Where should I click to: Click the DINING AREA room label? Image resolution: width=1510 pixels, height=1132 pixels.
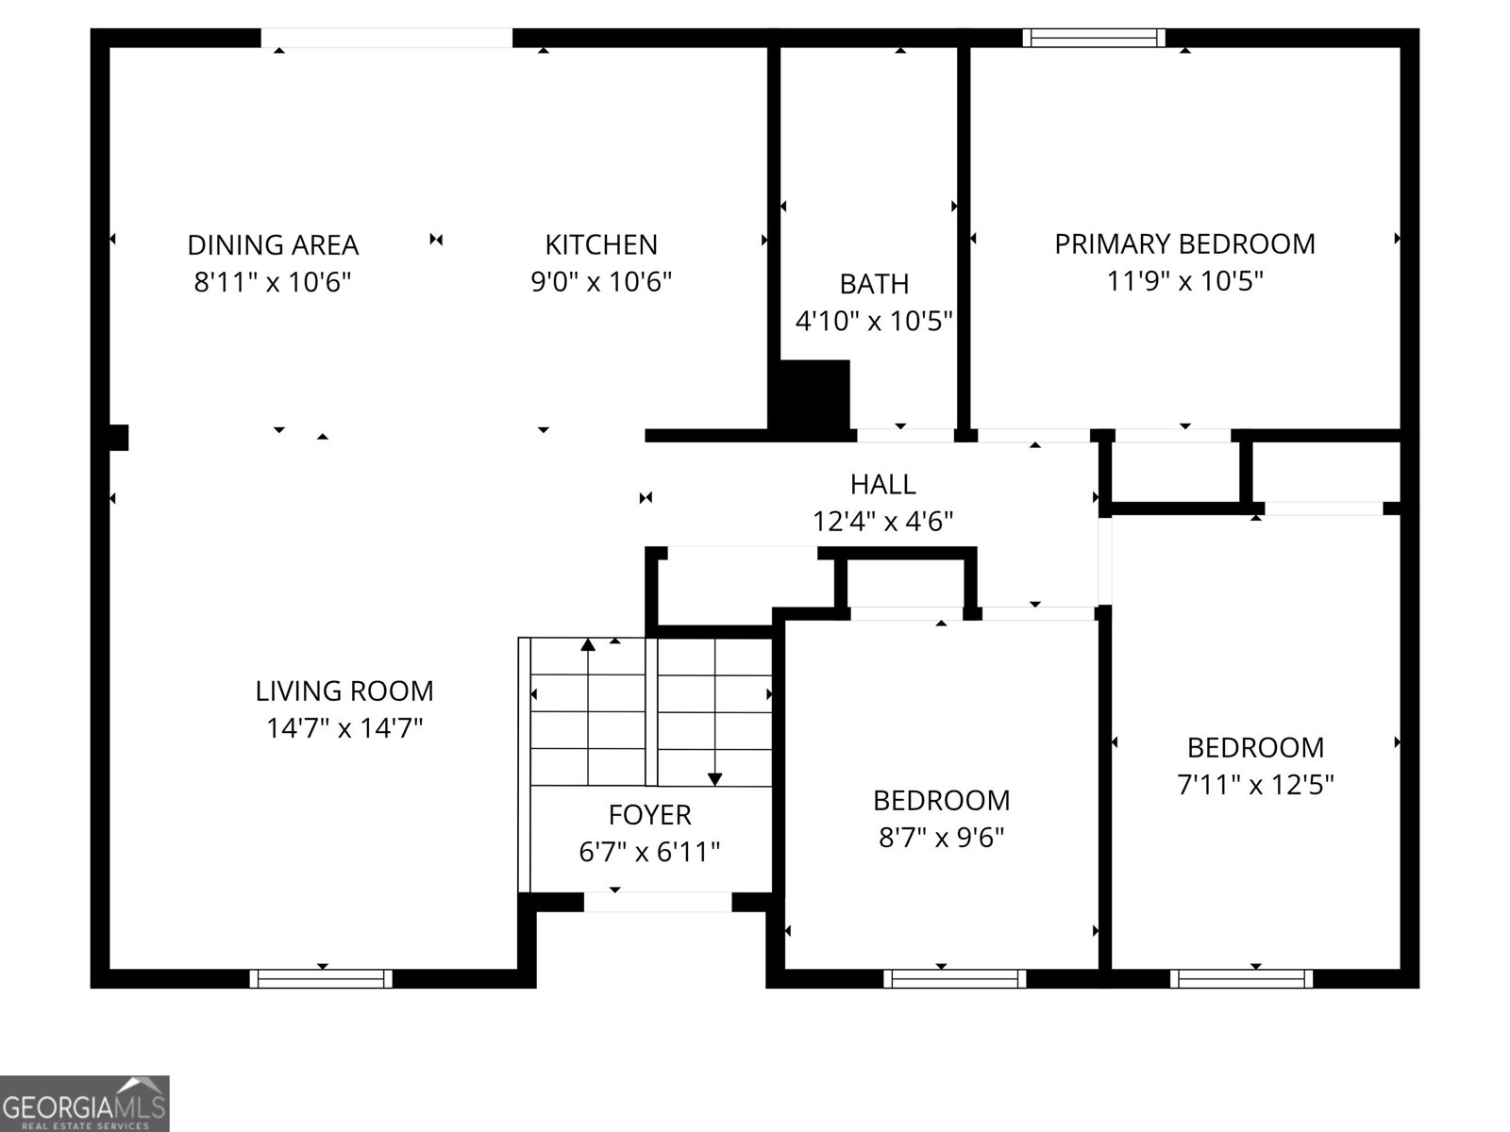273,245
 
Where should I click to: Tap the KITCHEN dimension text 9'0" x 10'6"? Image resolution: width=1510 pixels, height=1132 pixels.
601,282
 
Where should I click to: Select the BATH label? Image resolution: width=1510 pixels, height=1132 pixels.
874,284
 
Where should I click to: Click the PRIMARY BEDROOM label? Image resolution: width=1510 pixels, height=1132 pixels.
1184,244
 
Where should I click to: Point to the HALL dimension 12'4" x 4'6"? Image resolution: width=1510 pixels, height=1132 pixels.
882,522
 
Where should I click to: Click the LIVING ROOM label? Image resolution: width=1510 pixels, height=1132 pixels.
344,691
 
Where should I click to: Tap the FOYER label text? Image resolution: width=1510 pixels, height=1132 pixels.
649,815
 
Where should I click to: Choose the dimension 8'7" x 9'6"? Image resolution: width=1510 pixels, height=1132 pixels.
941,838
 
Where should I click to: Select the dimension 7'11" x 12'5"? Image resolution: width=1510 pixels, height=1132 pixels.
1255,785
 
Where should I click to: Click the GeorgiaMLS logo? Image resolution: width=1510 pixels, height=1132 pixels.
84,1104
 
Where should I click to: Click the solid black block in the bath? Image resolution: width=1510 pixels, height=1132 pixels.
812,395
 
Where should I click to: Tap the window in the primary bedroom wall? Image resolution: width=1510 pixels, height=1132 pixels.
1094,39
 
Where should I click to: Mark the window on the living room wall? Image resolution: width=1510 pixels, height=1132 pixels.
321,979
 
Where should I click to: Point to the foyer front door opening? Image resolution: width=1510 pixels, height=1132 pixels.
658,902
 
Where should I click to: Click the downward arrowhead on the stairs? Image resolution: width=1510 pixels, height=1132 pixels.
714,778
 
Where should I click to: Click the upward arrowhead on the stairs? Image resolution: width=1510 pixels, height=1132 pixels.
588,645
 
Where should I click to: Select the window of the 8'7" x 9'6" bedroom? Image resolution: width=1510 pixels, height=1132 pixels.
954,979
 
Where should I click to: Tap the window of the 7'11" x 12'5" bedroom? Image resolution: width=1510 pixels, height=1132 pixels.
1241,979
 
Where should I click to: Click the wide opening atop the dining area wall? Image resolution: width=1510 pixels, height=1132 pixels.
387,39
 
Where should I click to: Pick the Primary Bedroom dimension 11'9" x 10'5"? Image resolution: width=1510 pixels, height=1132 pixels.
1184,281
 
